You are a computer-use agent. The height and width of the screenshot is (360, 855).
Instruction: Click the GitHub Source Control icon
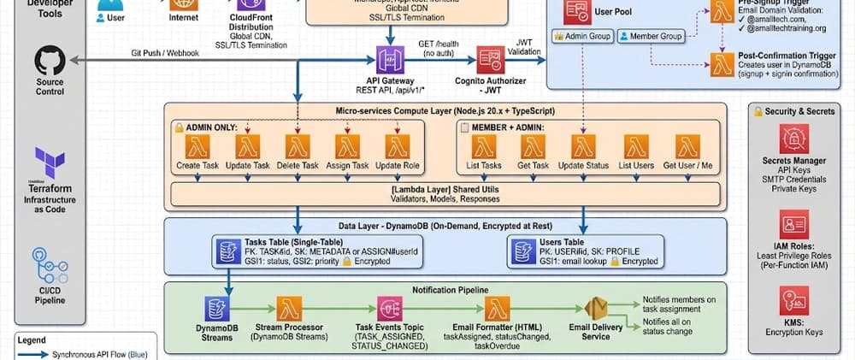(50, 62)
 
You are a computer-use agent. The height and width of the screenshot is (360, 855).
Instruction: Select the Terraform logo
(50, 162)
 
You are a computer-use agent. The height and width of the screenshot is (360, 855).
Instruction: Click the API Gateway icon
(391, 59)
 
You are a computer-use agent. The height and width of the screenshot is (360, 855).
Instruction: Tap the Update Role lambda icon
(398, 146)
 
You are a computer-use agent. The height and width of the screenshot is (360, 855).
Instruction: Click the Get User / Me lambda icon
(688, 146)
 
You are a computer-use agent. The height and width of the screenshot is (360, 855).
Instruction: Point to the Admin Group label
(583, 37)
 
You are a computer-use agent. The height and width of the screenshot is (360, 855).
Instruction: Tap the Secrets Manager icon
(793, 139)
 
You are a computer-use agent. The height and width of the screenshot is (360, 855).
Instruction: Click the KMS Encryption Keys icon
(793, 303)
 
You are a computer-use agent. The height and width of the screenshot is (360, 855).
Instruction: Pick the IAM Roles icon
(793, 224)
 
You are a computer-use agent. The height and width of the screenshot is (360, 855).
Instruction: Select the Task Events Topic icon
(390, 310)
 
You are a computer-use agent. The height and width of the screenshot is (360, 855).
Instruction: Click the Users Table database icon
(523, 251)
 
